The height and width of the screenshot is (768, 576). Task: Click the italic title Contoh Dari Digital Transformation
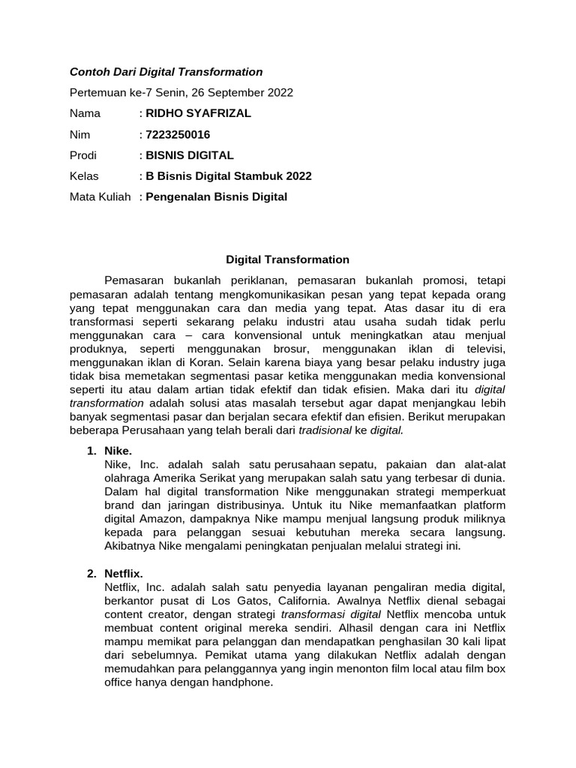(x=166, y=72)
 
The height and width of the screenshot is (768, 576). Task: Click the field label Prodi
(x=82, y=155)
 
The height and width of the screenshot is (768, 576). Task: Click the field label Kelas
(x=83, y=176)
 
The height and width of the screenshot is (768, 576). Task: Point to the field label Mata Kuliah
(x=100, y=196)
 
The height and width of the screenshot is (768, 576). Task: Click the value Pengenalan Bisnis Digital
(x=216, y=196)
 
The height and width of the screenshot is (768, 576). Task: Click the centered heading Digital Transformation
(x=288, y=259)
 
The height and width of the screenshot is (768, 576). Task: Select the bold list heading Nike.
(x=118, y=451)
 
